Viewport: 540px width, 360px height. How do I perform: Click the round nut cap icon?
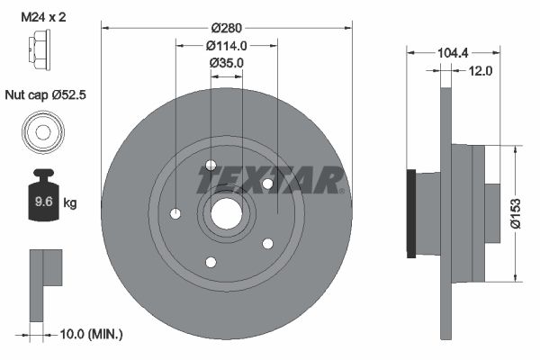[x=41, y=131]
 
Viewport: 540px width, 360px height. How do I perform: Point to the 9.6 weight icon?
[x=42, y=199]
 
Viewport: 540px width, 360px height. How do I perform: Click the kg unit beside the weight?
[x=70, y=203]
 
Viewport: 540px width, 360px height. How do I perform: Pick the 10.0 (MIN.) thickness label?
[x=89, y=334]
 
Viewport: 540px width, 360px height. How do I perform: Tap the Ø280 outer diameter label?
[x=226, y=28]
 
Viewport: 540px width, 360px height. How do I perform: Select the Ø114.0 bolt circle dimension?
[x=226, y=45]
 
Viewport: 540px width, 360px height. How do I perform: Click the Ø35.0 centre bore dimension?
[x=226, y=62]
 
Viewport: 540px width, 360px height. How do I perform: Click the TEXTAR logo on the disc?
[x=271, y=179]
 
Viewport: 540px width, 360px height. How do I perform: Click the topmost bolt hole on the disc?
[x=211, y=166]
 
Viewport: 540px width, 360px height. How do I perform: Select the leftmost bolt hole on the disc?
[x=175, y=213]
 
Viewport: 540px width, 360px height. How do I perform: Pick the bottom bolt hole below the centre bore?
[x=211, y=262]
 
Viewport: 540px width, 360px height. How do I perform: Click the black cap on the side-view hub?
[x=412, y=213]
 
